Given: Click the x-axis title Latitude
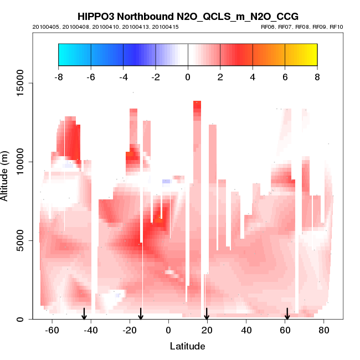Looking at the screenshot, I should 187,346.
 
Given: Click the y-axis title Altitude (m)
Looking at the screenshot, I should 6,175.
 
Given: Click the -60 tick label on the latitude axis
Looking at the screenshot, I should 52,331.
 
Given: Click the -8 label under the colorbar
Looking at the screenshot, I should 58,77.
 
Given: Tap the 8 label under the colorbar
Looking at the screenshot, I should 317,77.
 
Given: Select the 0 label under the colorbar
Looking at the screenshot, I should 188,77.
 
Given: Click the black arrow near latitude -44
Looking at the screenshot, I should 84,314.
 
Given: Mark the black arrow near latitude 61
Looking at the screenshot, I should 287,314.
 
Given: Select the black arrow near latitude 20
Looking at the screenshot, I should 207,314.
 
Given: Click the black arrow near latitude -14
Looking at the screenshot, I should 141,314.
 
